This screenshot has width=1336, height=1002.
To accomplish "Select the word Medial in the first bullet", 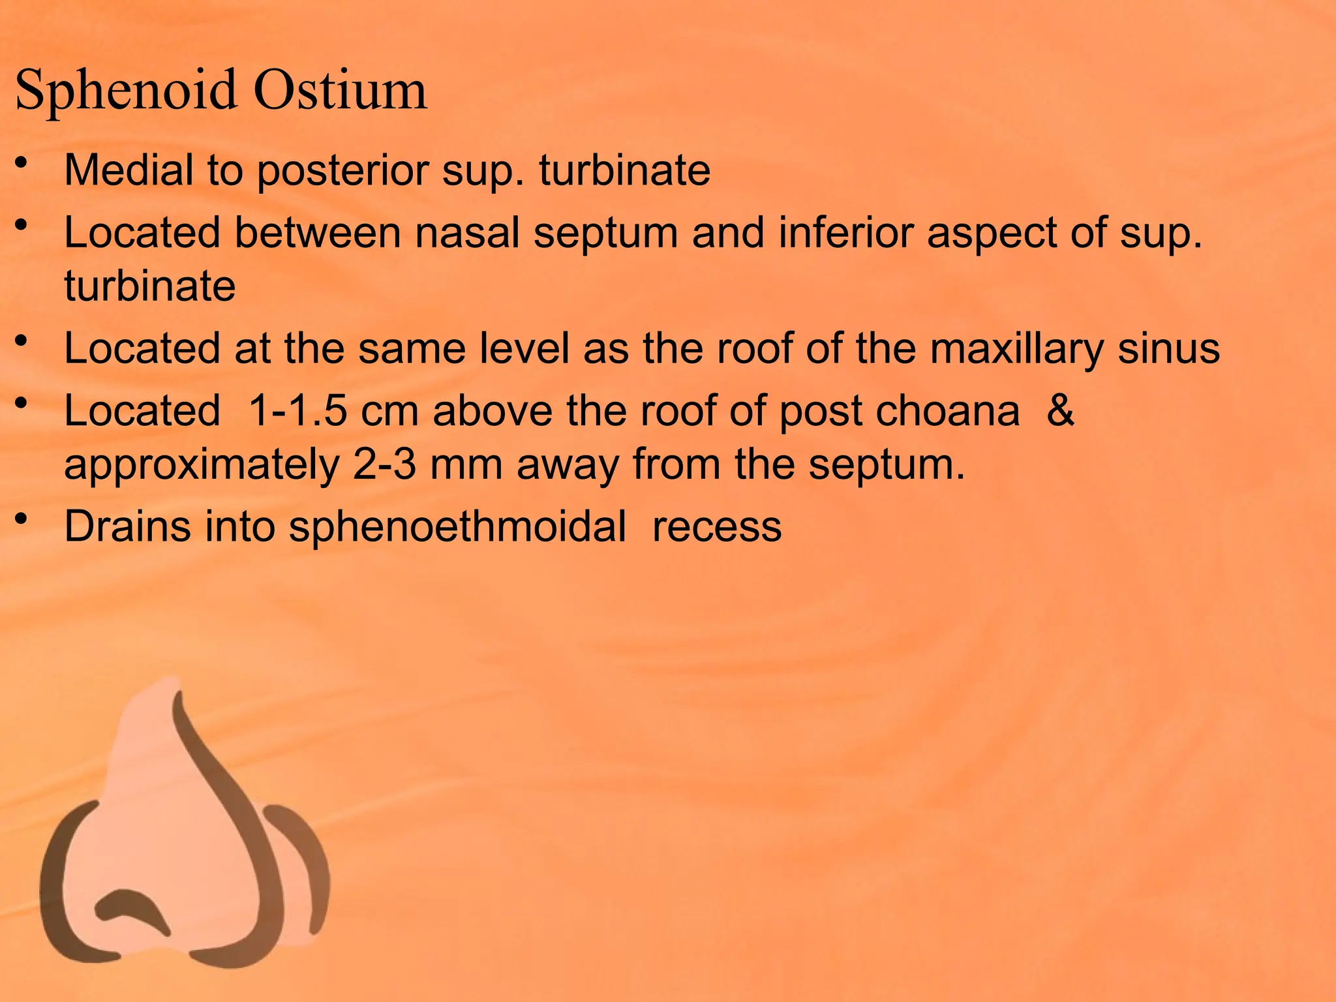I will coord(129,170).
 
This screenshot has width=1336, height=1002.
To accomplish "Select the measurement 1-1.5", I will coord(297,411).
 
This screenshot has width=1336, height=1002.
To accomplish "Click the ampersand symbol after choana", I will coord(1060,411).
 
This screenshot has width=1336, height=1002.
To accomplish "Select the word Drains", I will coord(128,526).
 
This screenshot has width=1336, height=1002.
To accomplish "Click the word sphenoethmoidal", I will coord(457,526).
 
